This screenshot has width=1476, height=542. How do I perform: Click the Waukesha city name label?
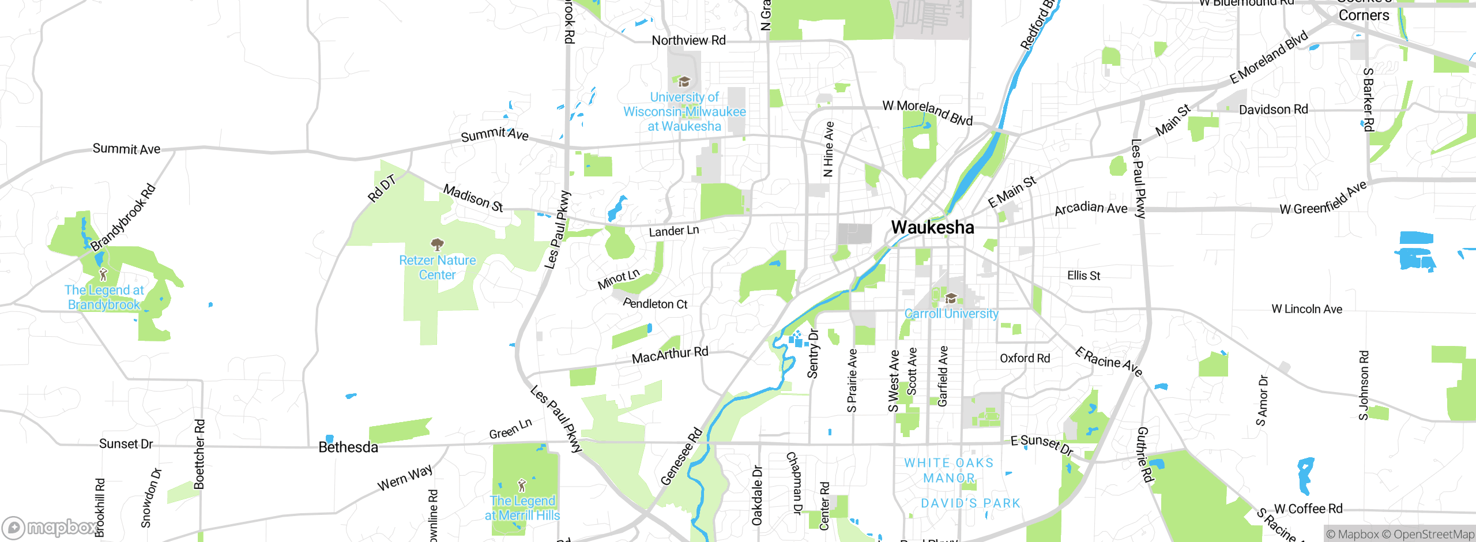point(932,227)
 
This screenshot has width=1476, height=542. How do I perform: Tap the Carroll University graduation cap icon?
point(951,298)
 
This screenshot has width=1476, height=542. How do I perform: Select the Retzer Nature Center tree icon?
point(438,244)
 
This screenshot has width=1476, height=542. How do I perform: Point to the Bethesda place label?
point(348,447)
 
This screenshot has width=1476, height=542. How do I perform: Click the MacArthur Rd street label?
point(670,355)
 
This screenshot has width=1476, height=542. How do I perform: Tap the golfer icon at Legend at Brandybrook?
point(103,274)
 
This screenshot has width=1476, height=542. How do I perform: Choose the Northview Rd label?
point(688,40)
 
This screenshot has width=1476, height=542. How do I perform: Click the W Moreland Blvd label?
point(927,112)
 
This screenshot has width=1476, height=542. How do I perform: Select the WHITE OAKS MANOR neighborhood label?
point(949,470)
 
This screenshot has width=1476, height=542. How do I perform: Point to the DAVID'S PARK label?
point(970,503)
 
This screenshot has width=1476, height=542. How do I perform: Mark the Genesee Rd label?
point(681,456)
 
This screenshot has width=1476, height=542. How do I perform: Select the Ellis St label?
point(1083,276)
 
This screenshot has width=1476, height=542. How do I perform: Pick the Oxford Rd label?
point(1025,358)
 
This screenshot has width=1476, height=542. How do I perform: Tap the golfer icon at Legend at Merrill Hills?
point(522,485)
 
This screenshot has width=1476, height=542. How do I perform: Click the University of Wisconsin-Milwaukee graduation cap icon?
point(684,82)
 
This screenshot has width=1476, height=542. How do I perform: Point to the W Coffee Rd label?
point(1308,509)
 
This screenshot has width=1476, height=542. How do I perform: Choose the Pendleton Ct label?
point(655,303)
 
